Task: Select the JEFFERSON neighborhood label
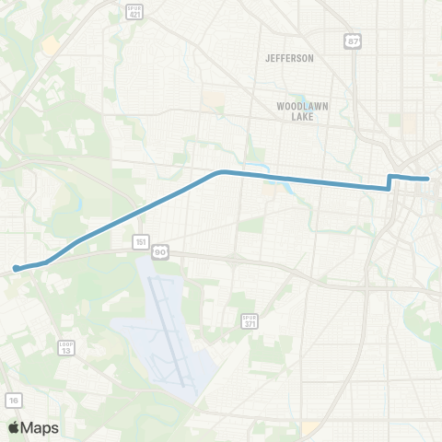point(289,58)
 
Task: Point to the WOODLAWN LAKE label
point(297,111)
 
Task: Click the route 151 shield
point(139,242)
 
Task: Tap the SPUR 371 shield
point(250,321)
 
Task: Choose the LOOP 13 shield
point(65,347)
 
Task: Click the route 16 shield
point(14,400)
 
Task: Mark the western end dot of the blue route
point(16,269)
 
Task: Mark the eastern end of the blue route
point(428,179)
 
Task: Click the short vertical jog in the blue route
point(390,182)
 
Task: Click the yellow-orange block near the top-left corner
point(51,44)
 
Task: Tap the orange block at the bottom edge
point(310,428)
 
